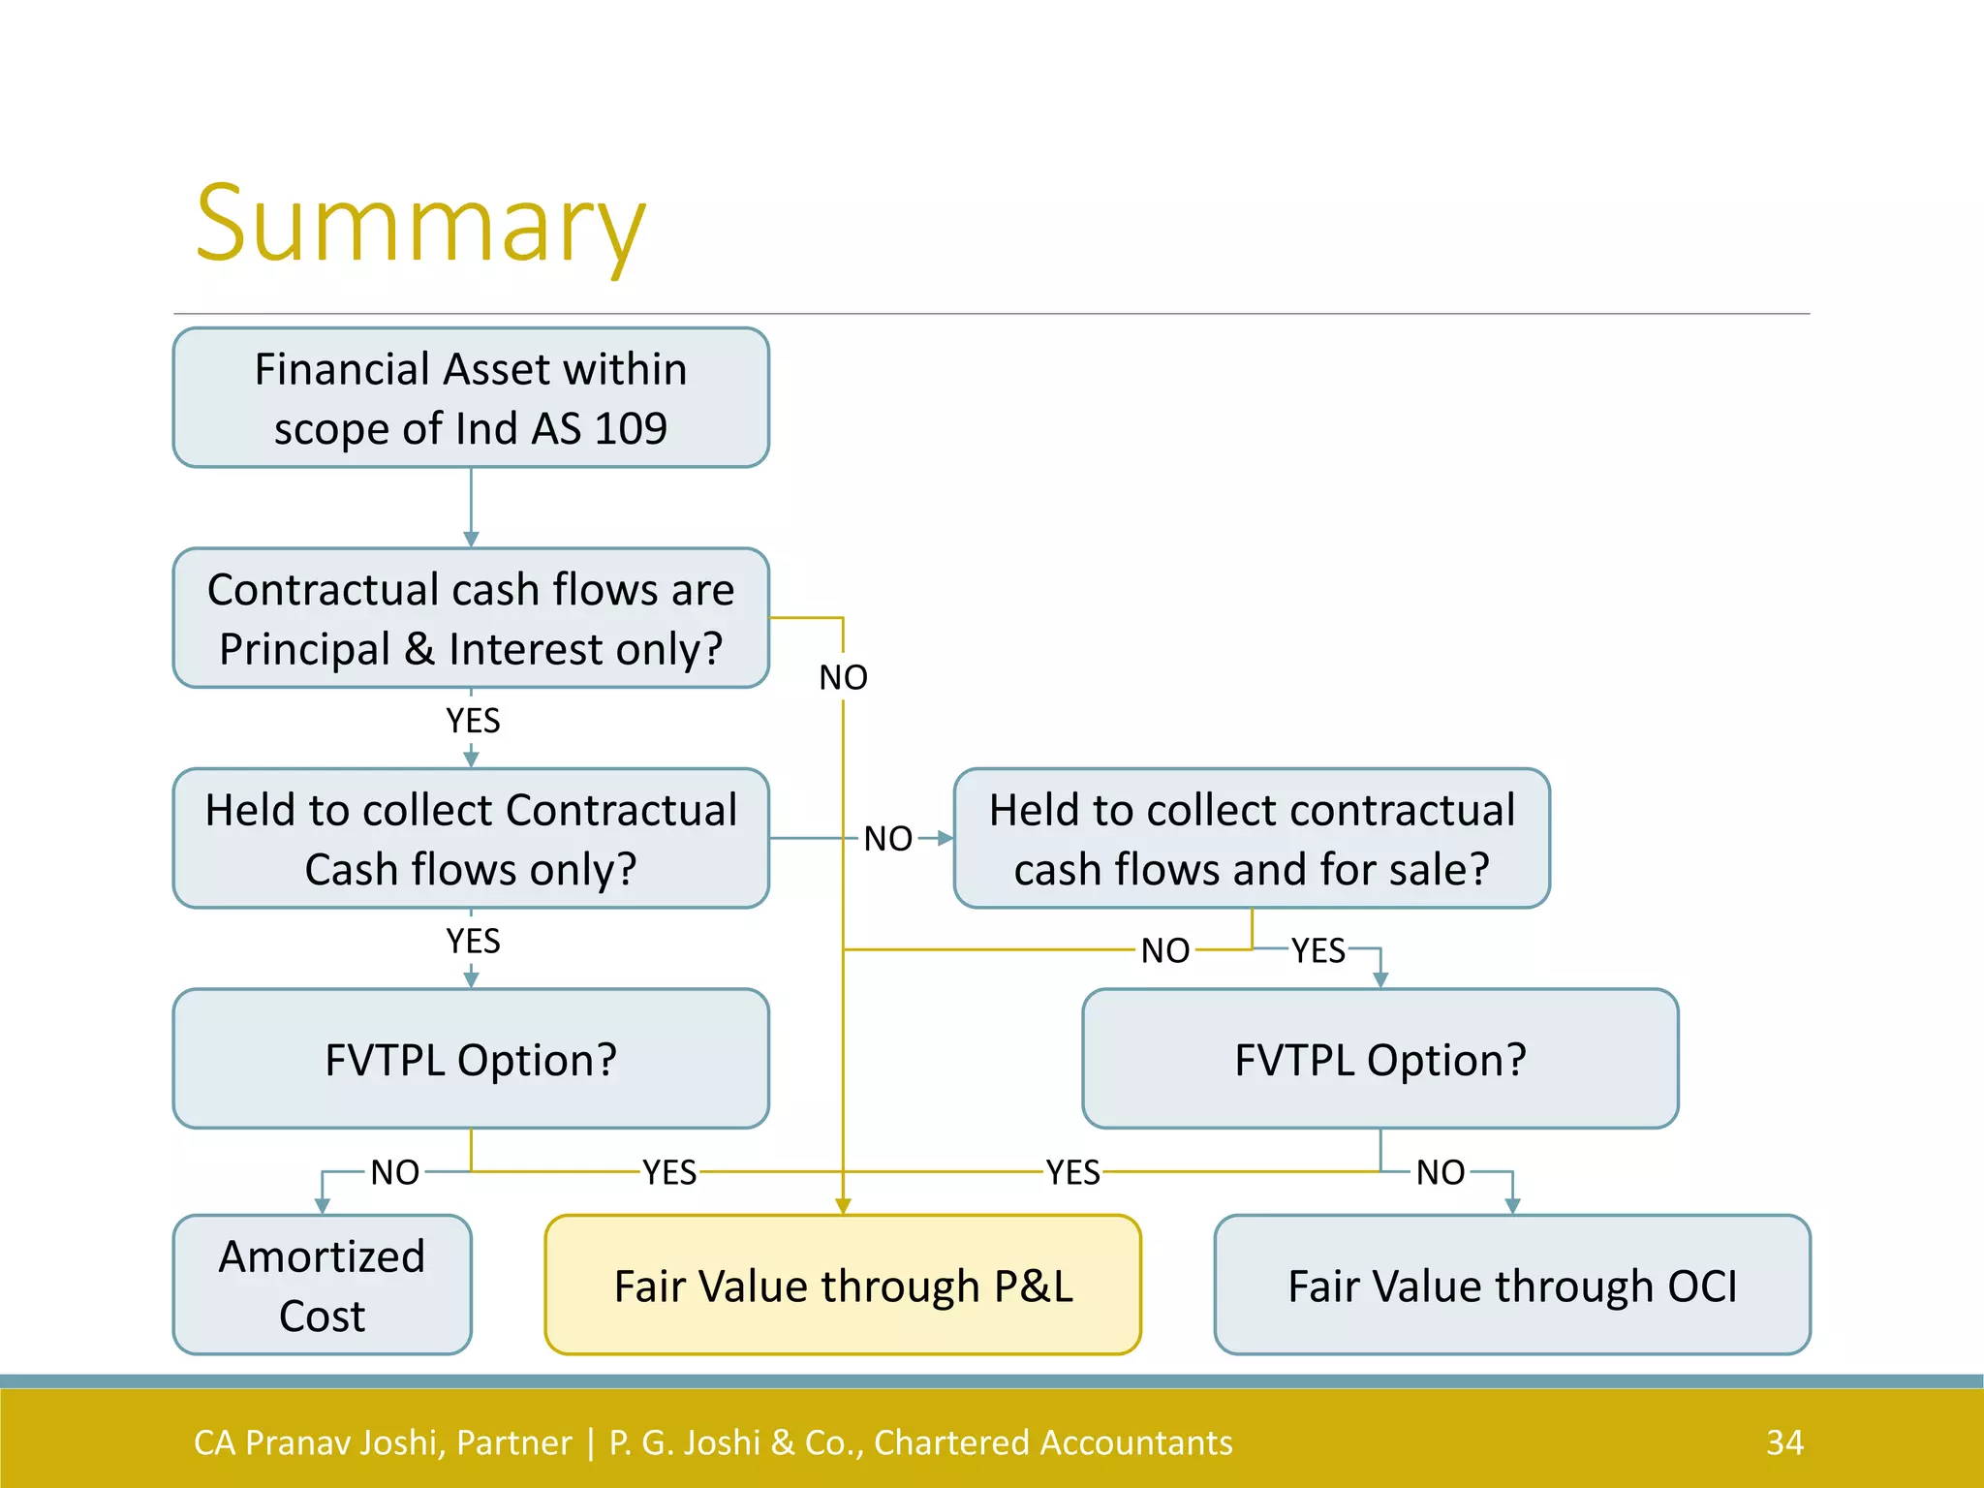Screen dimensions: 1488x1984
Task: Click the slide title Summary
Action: click(419, 225)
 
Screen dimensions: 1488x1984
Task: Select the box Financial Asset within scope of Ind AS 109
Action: click(471, 398)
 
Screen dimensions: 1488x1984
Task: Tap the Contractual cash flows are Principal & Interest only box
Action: click(471, 618)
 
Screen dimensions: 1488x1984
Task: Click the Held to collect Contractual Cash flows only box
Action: click(471, 839)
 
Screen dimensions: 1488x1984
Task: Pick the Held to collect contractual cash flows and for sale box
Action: click(1252, 839)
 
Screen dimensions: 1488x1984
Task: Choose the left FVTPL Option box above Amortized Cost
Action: click(471, 1059)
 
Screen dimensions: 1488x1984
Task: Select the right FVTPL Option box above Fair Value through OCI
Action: click(1379, 1059)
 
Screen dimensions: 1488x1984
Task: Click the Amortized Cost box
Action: click(322, 1285)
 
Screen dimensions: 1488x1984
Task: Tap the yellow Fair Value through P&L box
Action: click(843, 1285)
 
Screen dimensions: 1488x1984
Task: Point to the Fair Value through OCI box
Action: click(1511, 1285)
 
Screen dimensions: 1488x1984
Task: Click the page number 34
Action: click(1784, 1442)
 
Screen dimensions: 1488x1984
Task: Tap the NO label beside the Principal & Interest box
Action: click(843, 677)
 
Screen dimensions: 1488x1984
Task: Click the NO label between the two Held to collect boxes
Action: click(888, 839)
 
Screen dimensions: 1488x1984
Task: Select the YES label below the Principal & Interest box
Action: click(473, 721)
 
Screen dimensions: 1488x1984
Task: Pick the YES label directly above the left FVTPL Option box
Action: click(473, 941)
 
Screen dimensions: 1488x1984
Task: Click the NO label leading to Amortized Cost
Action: click(395, 1172)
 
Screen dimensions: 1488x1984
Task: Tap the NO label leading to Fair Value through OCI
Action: click(1441, 1172)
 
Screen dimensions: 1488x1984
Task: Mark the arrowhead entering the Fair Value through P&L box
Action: click(843, 1206)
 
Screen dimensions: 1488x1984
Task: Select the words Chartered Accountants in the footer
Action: click(1053, 1442)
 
